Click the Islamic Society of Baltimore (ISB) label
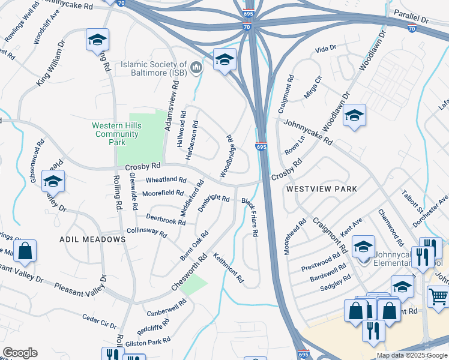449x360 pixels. [x=153, y=68]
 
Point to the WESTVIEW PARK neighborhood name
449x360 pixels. [x=321, y=188]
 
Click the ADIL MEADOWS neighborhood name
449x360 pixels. [x=92, y=239]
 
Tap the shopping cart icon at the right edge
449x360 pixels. [x=438, y=296]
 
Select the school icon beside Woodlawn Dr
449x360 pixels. [x=354, y=115]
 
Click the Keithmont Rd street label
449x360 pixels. [x=228, y=267]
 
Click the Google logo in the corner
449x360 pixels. [x=20, y=353]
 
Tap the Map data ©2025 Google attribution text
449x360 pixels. [x=411, y=355]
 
